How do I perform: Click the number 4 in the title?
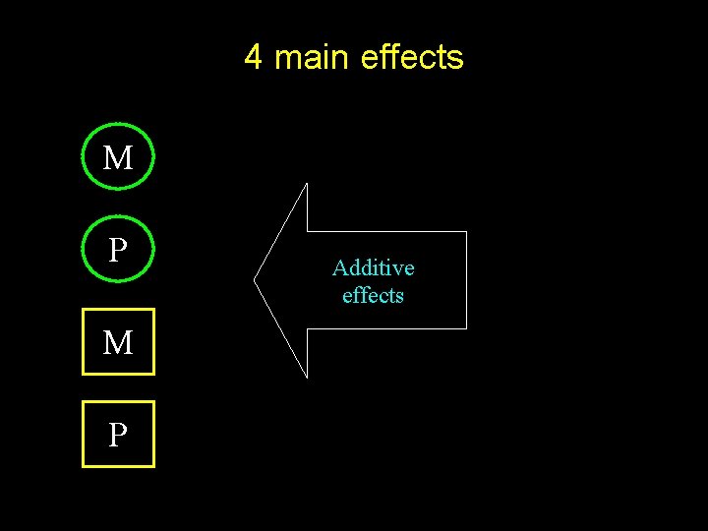pyautogui.click(x=253, y=58)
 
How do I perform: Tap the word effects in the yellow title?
pyautogui.click(x=412, y=58)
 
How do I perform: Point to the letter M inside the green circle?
pyautogui.click(x=118, y=157)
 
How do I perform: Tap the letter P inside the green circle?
pyautogui.click(x=118, y=250)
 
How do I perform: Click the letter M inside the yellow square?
pyautogui.click(x=118, y=342)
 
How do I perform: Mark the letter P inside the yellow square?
pyautogui.click(x=118, y=435)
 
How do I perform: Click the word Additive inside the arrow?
pyautogui.click(x=374, y=267)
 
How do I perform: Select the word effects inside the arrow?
pyautogui.click(x=374, y=295)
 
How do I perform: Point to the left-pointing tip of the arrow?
pyautogui.click(x=255, y=280)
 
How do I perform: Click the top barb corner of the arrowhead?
pyautogui.click(x=307, y=184)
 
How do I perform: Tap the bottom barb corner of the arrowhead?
pyautogui.click(x=307, y=377)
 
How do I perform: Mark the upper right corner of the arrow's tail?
pyautogui.click(x=466, y=232)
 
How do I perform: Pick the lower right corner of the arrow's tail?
pyautogui.click(x=466, y=328)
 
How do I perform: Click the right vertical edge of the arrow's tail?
pyautogui.click(x=466, y=280)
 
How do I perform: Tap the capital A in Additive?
pyautogui.click(x=339, y=267)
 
